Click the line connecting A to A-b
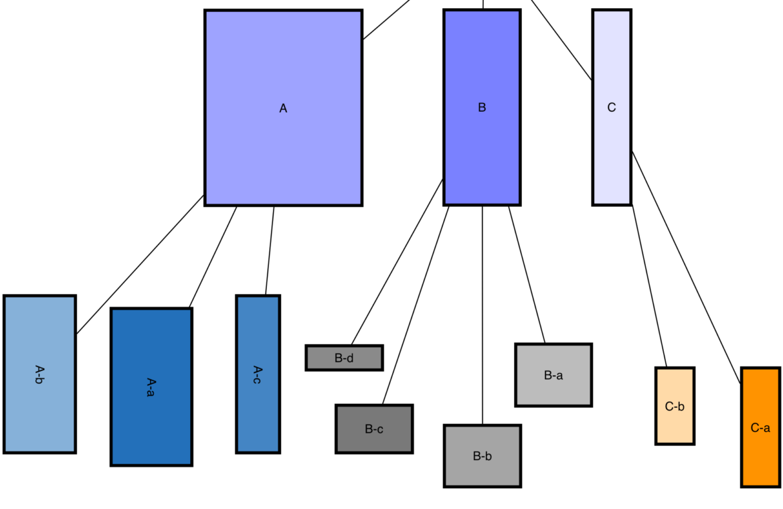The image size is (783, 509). (x=140, y=265)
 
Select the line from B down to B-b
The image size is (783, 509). (x=483, y=315)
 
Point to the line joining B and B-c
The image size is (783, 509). (x=416, y=305)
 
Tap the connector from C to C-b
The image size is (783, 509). (x=649, y=286)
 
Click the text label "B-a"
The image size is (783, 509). (x=553, y=376)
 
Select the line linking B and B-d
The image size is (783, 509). (x=398, y=262)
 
